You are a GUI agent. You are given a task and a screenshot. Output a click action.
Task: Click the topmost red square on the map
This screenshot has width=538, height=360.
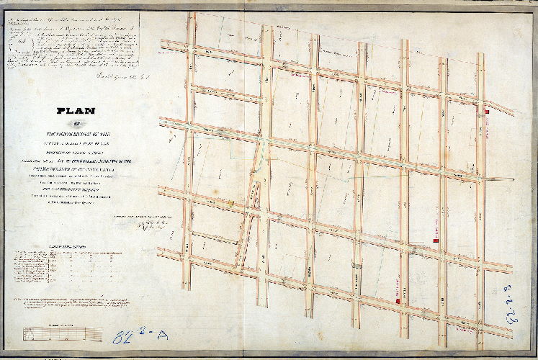point(488,112)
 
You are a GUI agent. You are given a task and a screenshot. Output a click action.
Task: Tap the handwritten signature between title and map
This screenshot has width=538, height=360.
point(148,224)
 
